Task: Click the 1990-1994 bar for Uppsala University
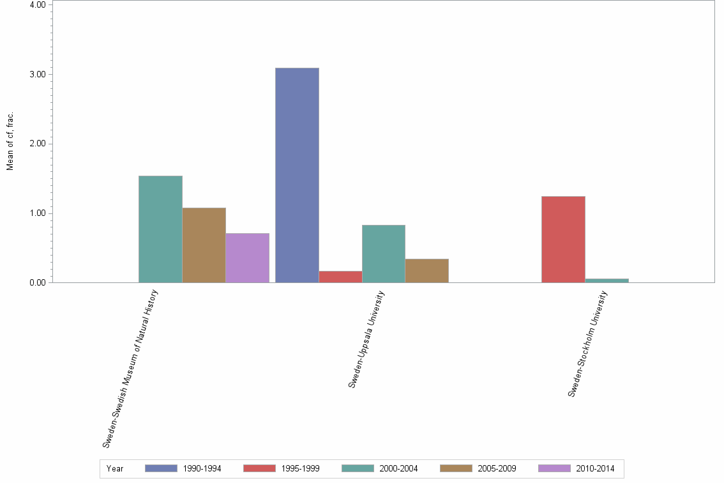(x=297, y=175)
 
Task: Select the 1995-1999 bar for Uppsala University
(x=340, y=277)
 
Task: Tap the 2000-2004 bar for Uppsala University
(x=383, y=254)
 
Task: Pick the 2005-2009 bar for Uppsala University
(x=426, y=270)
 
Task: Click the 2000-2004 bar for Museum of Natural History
(x=160, y=229)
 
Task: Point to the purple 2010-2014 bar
(x=247, y=257)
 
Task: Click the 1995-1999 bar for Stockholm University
(x=563, y=239)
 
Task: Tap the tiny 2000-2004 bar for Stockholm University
(x=607, y=280)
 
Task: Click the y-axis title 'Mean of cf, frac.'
(x=10, y=142)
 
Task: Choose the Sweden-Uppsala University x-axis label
(x=366, y=339)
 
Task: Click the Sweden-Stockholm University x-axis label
(x=587, y=343)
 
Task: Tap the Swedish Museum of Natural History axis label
(x=130, y=368)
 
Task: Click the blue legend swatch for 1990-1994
(x=161, y=468)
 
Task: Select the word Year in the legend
(x=115, y=469)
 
